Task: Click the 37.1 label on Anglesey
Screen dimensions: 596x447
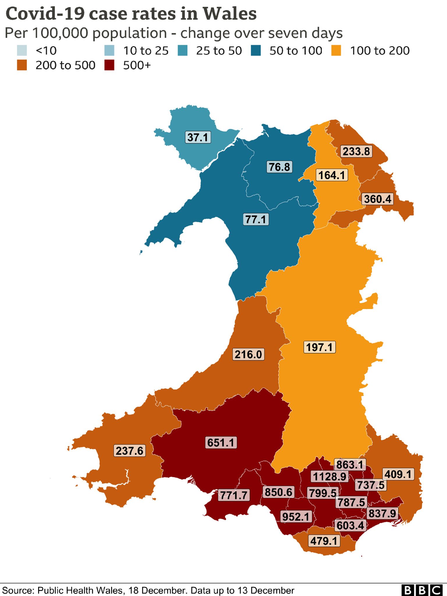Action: pos(198,137)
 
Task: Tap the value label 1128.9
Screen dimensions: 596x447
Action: pos(329,477)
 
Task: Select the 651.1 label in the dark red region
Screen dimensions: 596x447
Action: pos(221,443)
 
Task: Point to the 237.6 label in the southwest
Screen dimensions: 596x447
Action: pos(130,451)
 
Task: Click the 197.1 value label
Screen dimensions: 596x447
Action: pos(319,347)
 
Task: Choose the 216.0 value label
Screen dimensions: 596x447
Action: pos(248,354)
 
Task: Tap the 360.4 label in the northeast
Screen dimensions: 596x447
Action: pos(377,199)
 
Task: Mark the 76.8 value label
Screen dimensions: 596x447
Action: pos(279,167)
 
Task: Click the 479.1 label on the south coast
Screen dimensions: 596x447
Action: pos(324,541)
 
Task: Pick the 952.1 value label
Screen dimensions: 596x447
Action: pos(296,517)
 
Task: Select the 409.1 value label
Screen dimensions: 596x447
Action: pos(398,474)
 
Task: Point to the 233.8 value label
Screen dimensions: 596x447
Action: pos(356,152)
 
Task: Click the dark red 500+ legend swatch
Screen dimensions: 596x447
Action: pos(109,65)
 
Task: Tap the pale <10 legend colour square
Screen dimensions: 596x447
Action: pos(22,50)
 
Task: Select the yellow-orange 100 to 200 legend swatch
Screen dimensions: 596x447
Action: pos(336,50)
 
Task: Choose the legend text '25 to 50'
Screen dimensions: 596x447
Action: pos(219,51)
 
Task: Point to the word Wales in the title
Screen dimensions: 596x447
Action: pos(230,14)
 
